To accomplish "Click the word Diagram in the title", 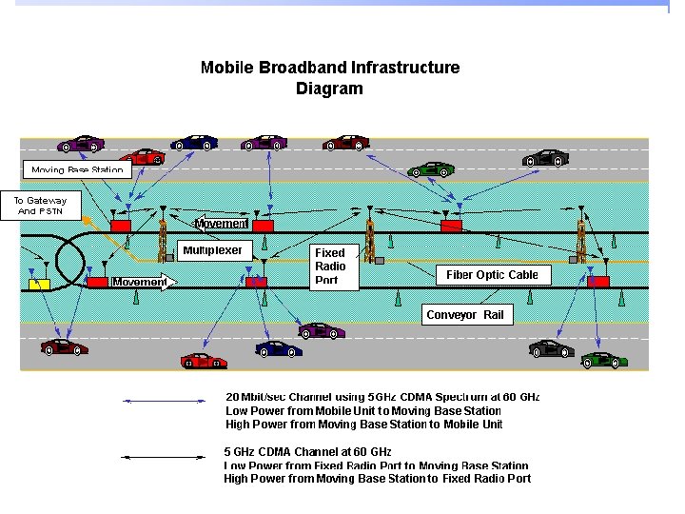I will point(329,89).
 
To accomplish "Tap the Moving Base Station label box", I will point(76,170).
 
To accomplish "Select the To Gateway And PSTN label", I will point(41,206).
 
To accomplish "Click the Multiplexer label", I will point(213,250).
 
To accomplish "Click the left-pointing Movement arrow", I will point(221,224).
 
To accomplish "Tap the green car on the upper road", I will point(430,169).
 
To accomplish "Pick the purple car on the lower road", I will point(322,330).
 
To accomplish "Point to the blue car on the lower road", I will point(279,348).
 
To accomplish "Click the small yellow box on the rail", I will point(40,284).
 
